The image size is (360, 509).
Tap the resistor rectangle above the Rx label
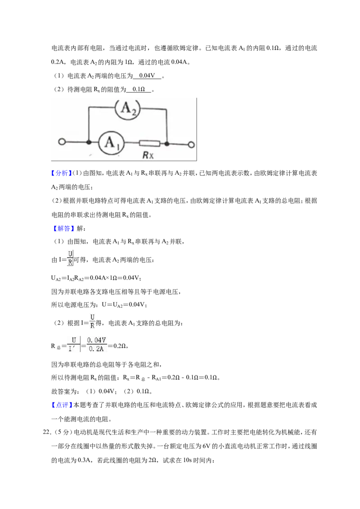pos(149,143)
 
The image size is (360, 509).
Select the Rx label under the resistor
pos(148,155)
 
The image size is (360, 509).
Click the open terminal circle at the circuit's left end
pos(62,142)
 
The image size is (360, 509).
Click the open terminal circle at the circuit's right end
pos(191,144)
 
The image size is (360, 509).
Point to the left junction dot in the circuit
pos(88,142)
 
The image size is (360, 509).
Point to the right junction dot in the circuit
pos(166,143)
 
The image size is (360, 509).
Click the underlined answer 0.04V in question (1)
pos(147,76)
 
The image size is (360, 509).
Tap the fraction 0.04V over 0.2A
pos(96,344)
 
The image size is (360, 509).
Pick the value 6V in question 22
pos(206,446)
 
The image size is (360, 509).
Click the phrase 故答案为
pos(65,392)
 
